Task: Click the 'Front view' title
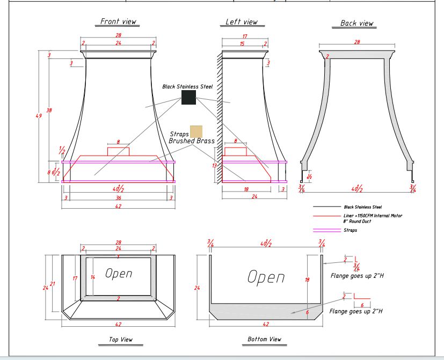point(118,21)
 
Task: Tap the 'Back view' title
point(356,23)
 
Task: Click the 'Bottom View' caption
point(264,339)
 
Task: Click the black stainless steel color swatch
point(188,97)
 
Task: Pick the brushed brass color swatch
point(196,131)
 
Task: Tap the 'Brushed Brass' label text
point(192,141)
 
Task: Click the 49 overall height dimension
point(39,116)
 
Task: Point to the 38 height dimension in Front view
point(49,110)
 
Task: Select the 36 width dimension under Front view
point(118,198)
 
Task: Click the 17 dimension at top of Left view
point(245,36)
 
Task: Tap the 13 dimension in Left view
point(214,166)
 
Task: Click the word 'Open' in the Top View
point(119,274)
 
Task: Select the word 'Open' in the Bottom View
point(266,277)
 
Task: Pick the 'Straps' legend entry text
point(350,230)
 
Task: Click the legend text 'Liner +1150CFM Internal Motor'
point(373,216)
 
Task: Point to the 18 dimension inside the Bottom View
point(307,280)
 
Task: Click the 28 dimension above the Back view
point(357,42)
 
